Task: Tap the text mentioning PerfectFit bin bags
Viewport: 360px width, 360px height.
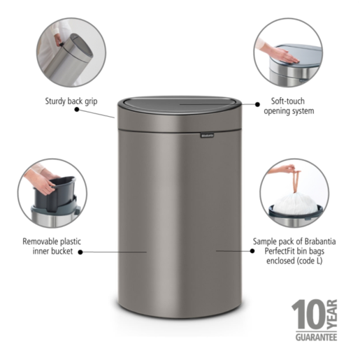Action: [287, 250]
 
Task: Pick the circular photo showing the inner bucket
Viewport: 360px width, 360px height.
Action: [52, 189]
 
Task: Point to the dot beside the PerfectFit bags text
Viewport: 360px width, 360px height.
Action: [219, 249]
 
